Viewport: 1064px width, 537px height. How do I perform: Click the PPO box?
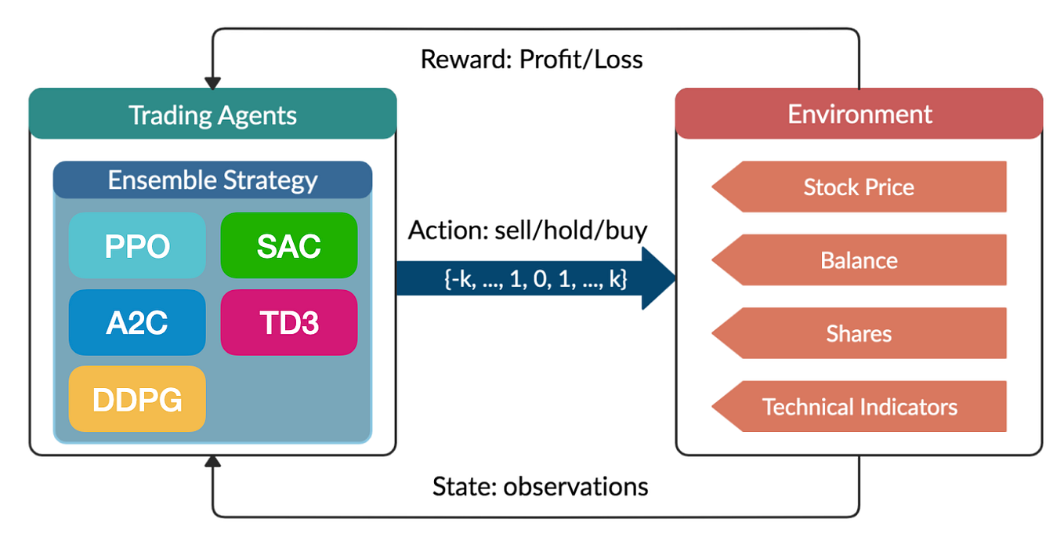coord(137,245)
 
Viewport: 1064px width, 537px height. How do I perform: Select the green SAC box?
coord(289,245)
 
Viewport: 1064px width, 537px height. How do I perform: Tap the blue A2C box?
coord(137,322)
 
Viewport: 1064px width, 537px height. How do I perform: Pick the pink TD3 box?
coord(289,322)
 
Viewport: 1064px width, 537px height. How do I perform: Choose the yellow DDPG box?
coord(137,399)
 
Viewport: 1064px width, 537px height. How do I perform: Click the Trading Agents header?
coord(212,114)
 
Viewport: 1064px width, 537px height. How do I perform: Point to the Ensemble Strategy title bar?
coord(212,180)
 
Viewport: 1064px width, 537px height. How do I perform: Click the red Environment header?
coord(860,114)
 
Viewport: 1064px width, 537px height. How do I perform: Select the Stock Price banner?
coord(859,187)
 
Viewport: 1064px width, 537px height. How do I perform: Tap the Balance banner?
coord(859,260)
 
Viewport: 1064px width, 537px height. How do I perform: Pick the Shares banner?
coord(859,334)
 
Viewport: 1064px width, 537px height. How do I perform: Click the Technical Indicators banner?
coord(859,407)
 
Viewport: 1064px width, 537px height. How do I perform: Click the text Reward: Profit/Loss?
coord(531,60)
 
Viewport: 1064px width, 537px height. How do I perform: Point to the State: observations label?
coord(540,487)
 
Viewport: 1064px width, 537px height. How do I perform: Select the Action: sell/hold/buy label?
coord(527,230)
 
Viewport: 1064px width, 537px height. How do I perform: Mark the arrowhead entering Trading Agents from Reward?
coord(212,82)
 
